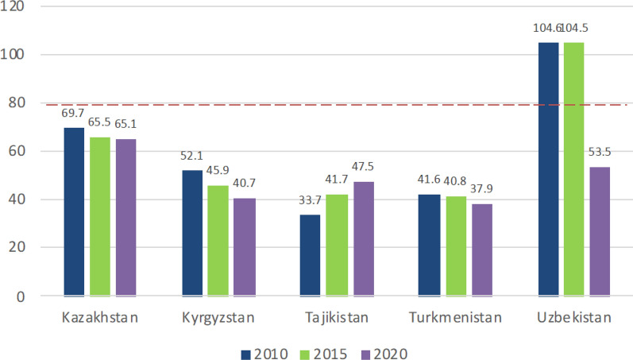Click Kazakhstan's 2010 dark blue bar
pos(75,211)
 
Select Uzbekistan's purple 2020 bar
pos(600,231)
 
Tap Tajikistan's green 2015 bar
pos(337,246)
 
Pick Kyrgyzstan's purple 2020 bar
pos(245,247)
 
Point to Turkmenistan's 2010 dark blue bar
pos(429,246)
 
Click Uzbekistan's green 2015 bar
pos(574,169)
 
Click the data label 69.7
pos(72,113)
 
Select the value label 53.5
pos(600,152)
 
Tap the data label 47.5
pos(362,166)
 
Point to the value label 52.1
pos(191,156)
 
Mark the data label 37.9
pos(481,188)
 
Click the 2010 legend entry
pos(264,354)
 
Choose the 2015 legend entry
pos(324,354)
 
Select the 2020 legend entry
pos(384,354)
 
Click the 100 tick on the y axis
pos(12,54)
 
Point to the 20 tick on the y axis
pos(17,247)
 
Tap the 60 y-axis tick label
pos(17,151)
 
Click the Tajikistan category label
pos(337,318)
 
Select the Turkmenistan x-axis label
pos(455,318)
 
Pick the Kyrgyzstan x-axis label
pos(218,318)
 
